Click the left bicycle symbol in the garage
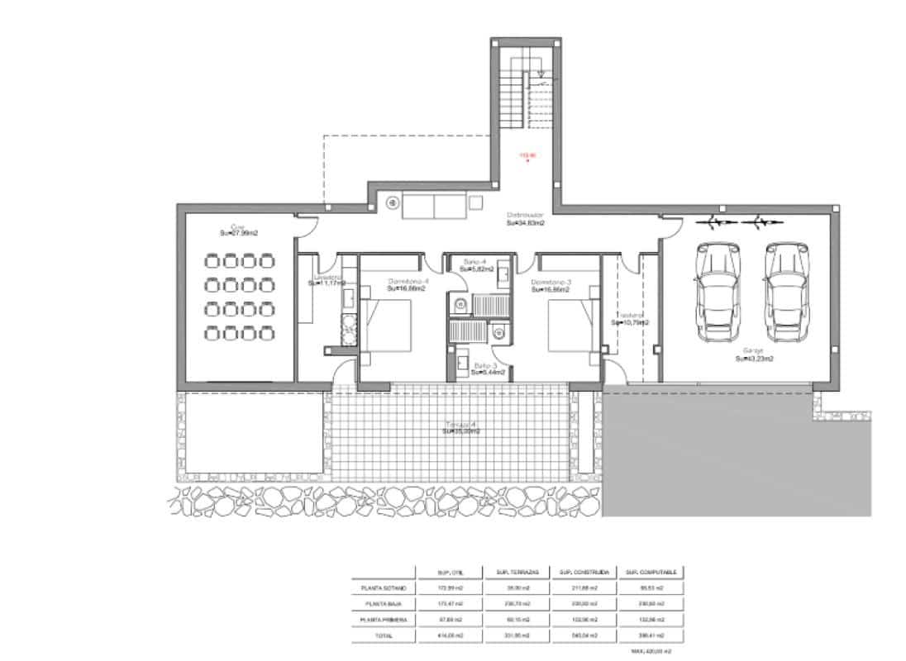click(x=718, y=221)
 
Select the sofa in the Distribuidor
click(x=433, y=206)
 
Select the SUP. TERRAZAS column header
click(x=517, y=572)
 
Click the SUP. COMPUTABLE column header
click(x=652, y=572)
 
